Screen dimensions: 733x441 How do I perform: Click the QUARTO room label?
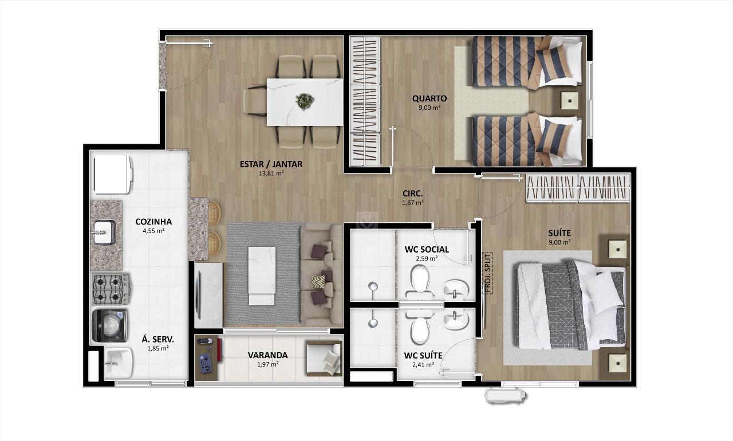coord(429,99)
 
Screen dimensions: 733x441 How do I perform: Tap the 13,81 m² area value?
coord(271,174)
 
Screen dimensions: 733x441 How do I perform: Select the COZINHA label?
coord(153,222)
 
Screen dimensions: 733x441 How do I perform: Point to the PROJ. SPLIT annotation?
coord(488,273)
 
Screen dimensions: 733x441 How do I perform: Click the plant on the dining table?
coord(305,101)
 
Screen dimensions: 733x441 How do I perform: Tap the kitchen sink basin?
coord(105,233)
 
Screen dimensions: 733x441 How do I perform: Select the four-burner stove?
coord(111,289)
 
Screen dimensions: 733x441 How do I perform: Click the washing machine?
coord(109,326)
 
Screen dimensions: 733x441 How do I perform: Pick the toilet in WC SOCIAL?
coord(420,282)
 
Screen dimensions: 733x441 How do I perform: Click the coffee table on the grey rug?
coord(262,276)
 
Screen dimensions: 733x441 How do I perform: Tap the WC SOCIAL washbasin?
coord(456,289)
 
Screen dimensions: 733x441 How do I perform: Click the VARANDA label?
coord(267,355)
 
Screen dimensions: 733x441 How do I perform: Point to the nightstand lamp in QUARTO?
coord(570,101)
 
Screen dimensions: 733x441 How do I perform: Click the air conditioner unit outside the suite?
coord(505,395)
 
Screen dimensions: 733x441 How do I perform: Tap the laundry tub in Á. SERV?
coord(119,363)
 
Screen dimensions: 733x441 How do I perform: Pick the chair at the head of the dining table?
coord(255,101)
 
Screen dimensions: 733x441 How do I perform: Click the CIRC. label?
coord(413,194)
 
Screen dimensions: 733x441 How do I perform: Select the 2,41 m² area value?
coord(423,364)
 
